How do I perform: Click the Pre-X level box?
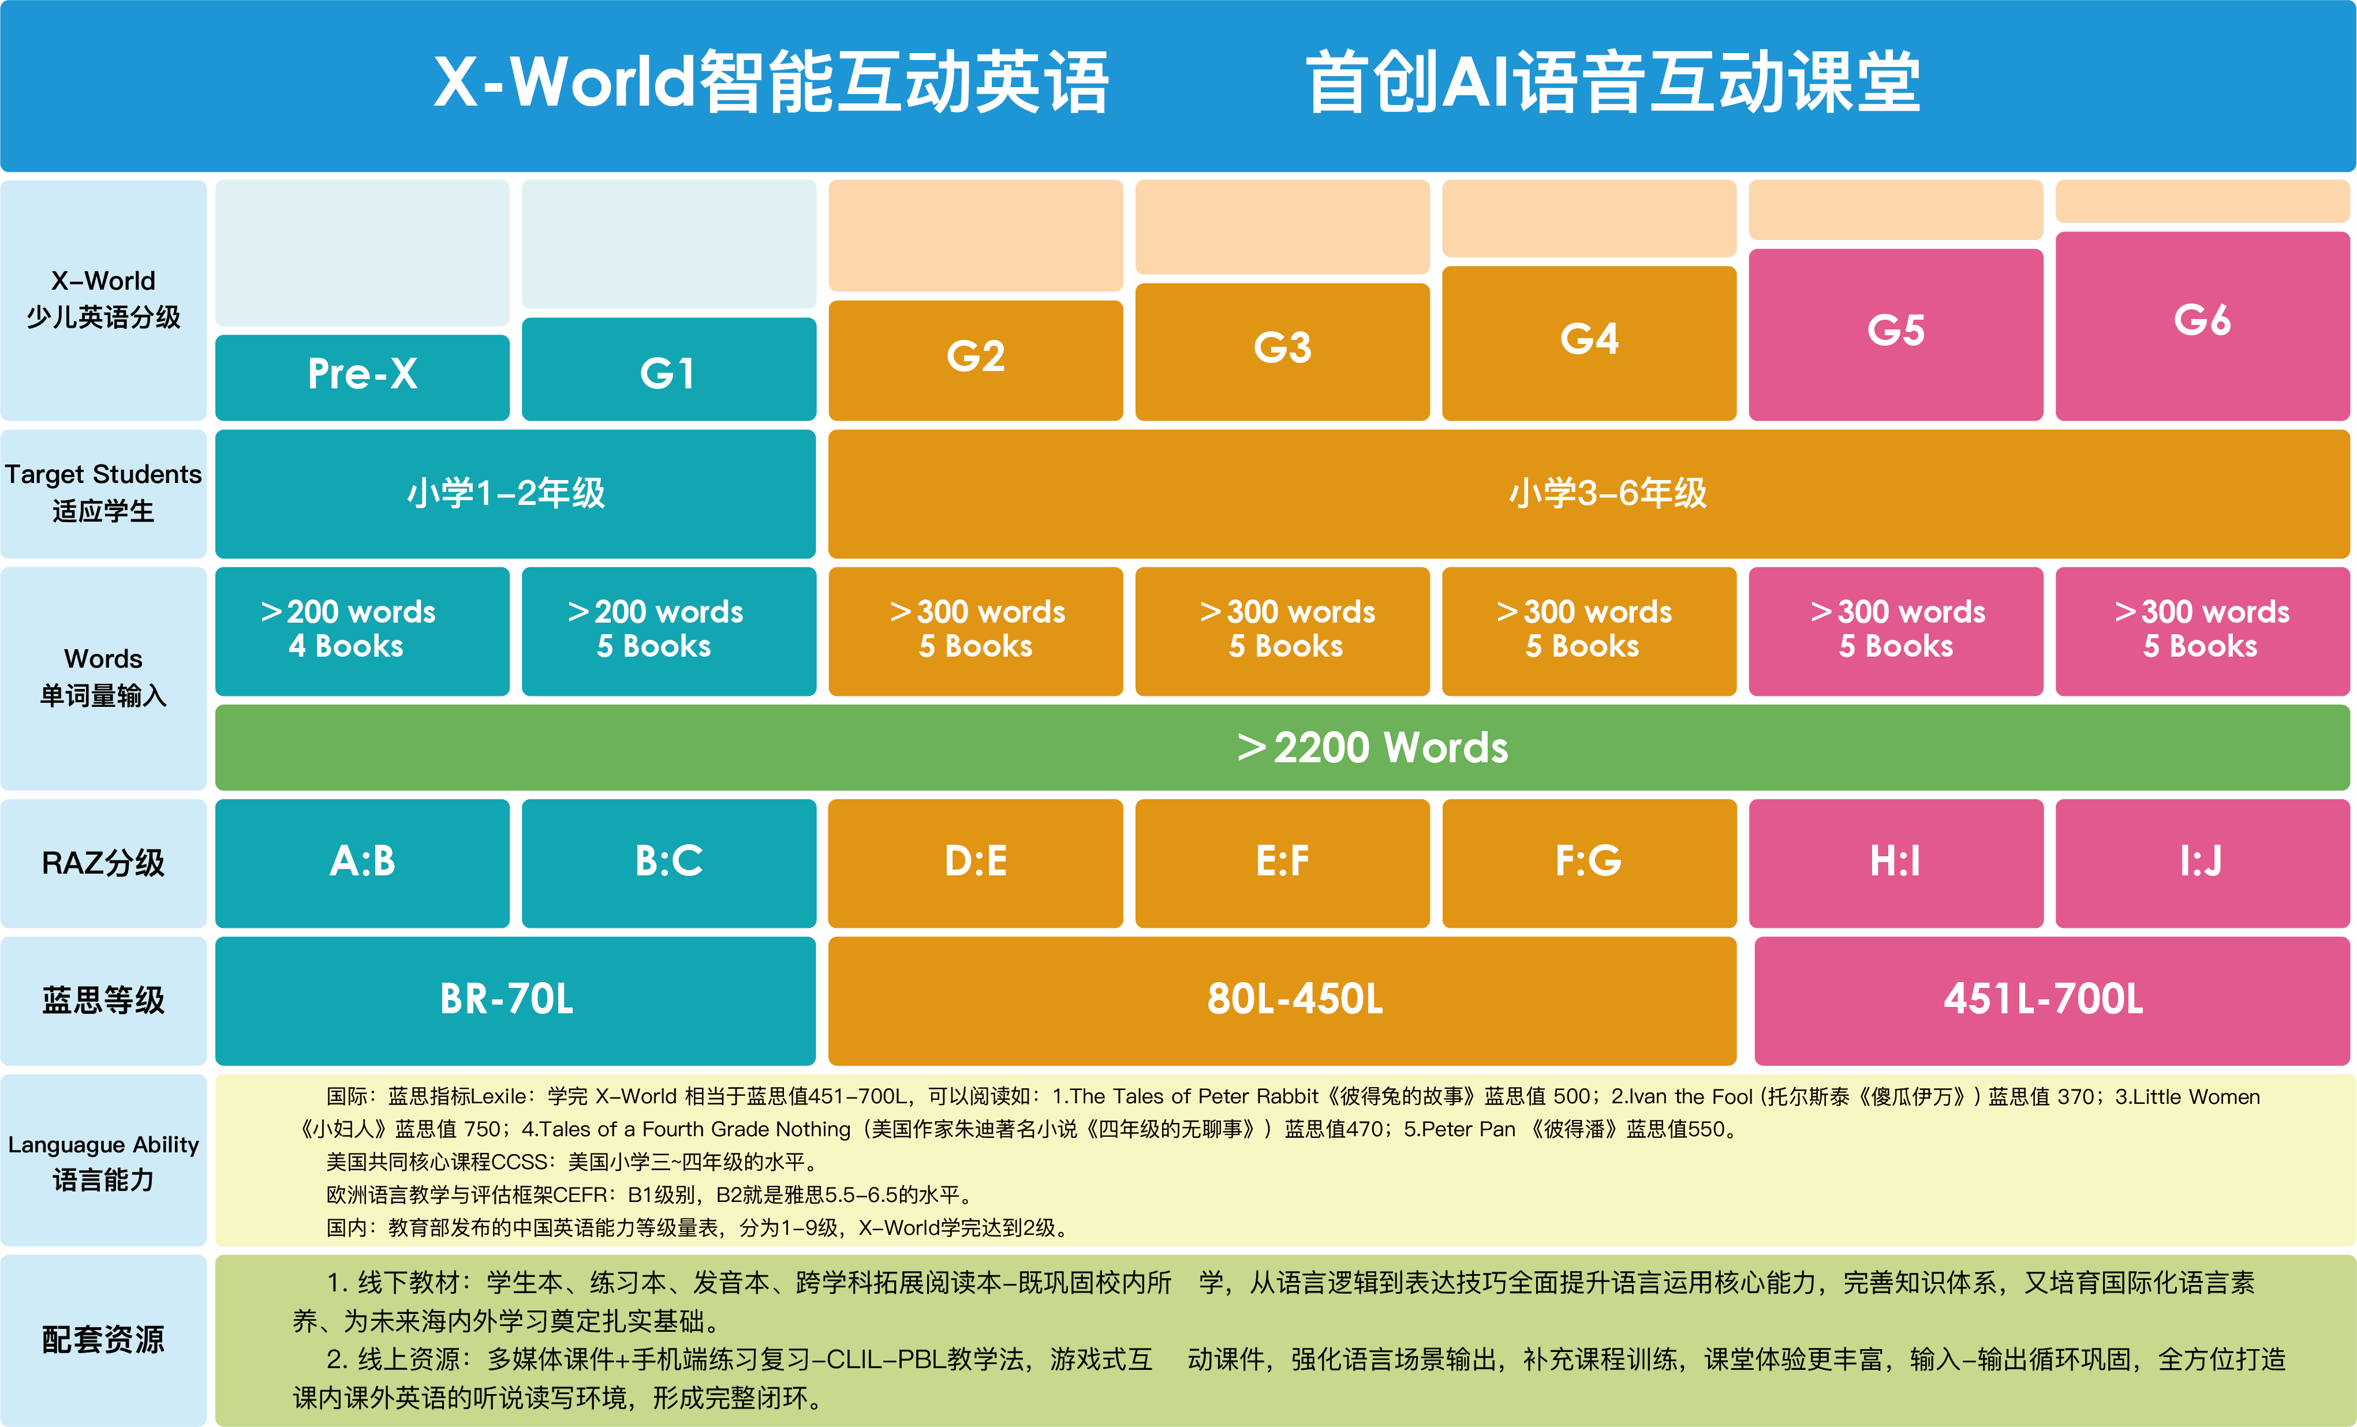pos(363,377)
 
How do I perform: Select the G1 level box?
pos(668,369)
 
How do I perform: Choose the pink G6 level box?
pos(2202,325)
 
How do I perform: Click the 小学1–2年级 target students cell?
pos(516,493)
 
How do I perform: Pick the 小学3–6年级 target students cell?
pos(1589,493)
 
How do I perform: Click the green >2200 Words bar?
pos(1283,747)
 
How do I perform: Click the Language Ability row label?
pos(103,1145)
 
